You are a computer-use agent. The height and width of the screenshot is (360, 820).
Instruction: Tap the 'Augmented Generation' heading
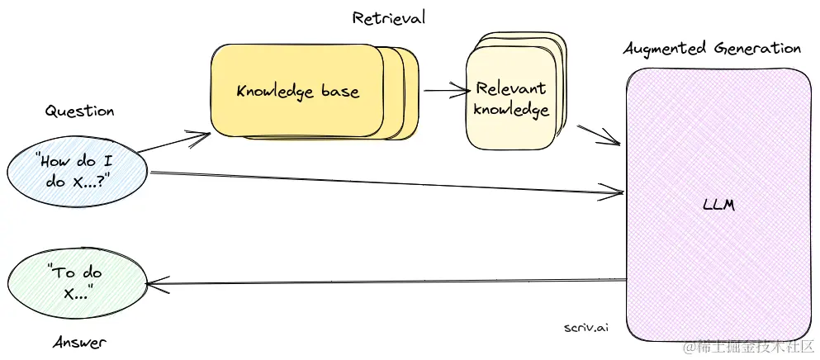point(711,49)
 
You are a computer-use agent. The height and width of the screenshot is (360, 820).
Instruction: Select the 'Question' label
point(79,111)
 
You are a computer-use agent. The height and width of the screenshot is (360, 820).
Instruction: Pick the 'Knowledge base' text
point(297,90)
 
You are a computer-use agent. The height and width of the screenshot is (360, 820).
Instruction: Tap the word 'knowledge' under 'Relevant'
point(511,110)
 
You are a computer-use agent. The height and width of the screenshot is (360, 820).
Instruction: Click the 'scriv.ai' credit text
point(585,327)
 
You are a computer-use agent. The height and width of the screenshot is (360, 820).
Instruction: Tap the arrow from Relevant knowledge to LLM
point(599,135)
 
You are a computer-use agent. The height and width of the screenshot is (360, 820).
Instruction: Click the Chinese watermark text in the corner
point(747,348)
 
